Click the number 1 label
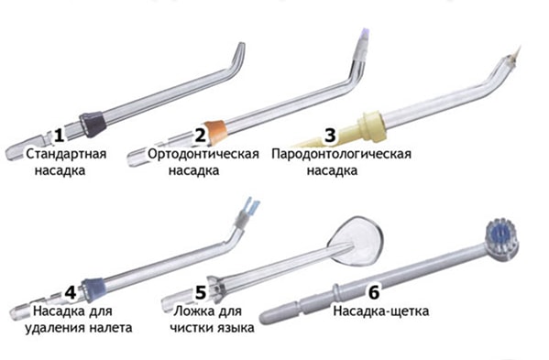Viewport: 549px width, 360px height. pos(60,135)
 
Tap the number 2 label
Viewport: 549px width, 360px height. pos(201,135)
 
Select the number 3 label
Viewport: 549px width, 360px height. pos(330,135)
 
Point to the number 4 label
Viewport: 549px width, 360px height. pos(71,292)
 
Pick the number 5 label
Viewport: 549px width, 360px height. pos(201,292)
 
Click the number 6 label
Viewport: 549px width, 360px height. pos(374,292)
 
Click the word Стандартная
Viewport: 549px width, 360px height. pos(66,154)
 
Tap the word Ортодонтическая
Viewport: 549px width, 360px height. pos(203,154)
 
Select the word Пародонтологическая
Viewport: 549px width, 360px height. pos(341,154)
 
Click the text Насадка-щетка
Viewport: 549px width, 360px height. pos(381,311)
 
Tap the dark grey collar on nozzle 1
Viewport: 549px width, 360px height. pos(93,125)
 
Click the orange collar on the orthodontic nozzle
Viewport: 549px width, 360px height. pos(215,132)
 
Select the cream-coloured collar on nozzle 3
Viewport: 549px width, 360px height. pos(371,125)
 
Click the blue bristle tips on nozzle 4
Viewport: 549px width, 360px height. pos(252,204)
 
